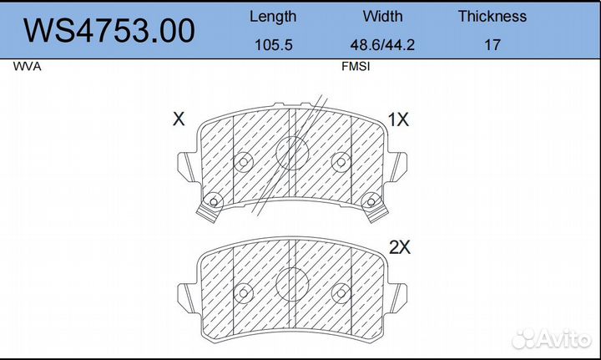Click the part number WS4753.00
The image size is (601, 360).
click(x=109, y=31)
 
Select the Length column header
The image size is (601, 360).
click(x=273, y=18)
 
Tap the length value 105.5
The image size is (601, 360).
click(x=273, y=45)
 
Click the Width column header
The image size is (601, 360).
click(x=382, y=17)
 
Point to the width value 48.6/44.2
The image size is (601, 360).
click(x=382, y=45)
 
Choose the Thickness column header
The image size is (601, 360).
click(x=492, y=17)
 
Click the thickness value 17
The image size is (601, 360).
click(x=492, y=45)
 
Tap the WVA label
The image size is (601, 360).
click(x=27, y=67)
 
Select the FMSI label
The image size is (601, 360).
click(x=356, y=67)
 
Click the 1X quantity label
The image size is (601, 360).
click(x=398, y=119)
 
